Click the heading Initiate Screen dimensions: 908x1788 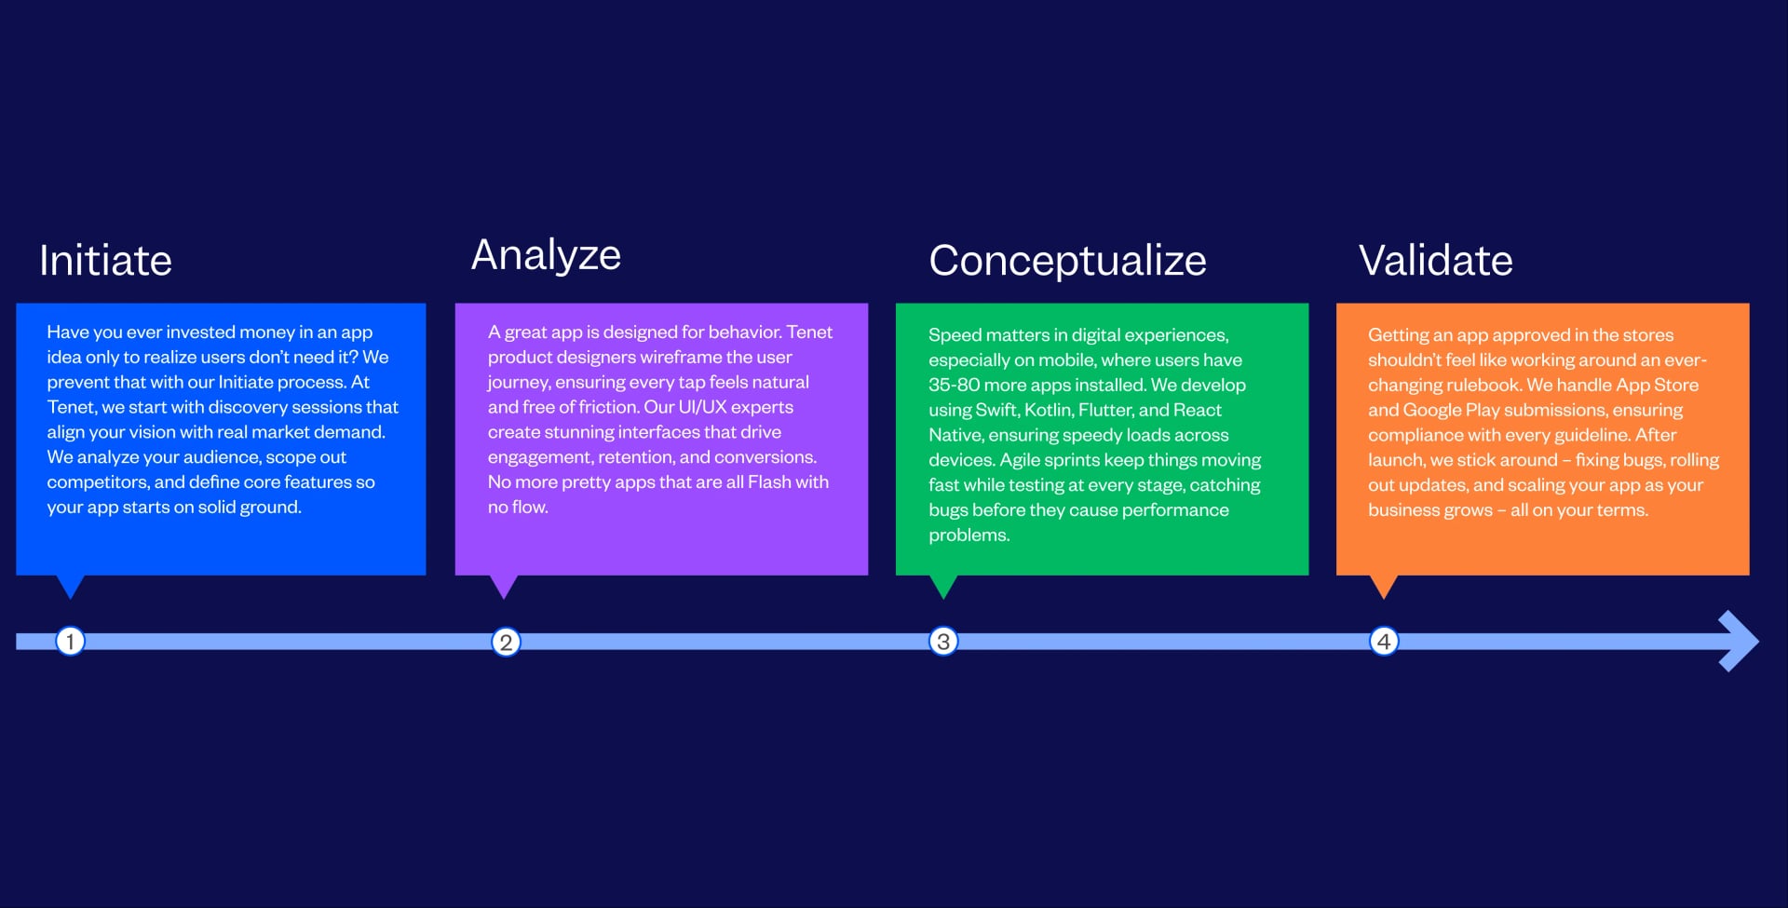(x=105, y=261)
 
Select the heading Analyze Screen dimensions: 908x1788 (x=546, y=255)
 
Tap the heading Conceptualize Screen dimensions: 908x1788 (x=1067, y=261)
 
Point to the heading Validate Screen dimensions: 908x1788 (x=1435, y=261)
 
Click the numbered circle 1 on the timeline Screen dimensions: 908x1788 (x=70, y=642)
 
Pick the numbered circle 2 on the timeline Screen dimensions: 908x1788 (x=506, y=642)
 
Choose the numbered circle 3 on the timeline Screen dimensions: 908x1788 (x=943, y=642)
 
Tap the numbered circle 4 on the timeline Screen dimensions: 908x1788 (x=1384, y=642)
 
